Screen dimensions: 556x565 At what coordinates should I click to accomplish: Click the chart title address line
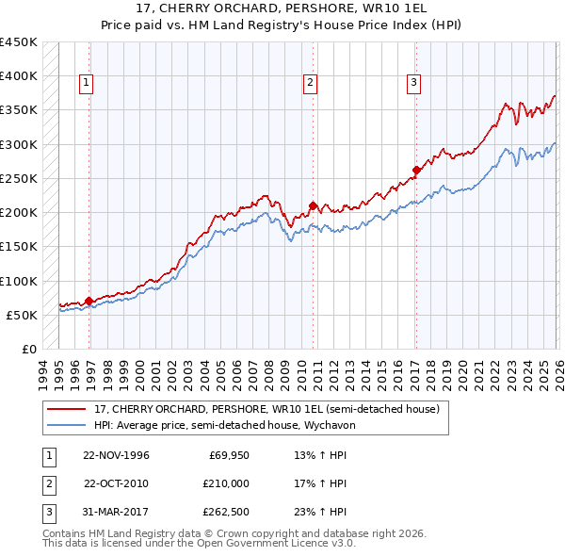tap(282, 8)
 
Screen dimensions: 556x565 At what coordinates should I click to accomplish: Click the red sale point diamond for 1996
tap(89, 302)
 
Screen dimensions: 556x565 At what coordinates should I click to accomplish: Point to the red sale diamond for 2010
tap(313, 205)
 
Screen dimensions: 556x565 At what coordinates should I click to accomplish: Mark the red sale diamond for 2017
tap(415, 171)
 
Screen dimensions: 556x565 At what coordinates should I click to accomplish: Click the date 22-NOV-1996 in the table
tap(116, 455)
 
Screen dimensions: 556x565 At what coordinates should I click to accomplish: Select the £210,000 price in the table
tap(227, 483)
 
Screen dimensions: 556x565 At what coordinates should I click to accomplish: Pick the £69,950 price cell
tap(229, 455)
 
